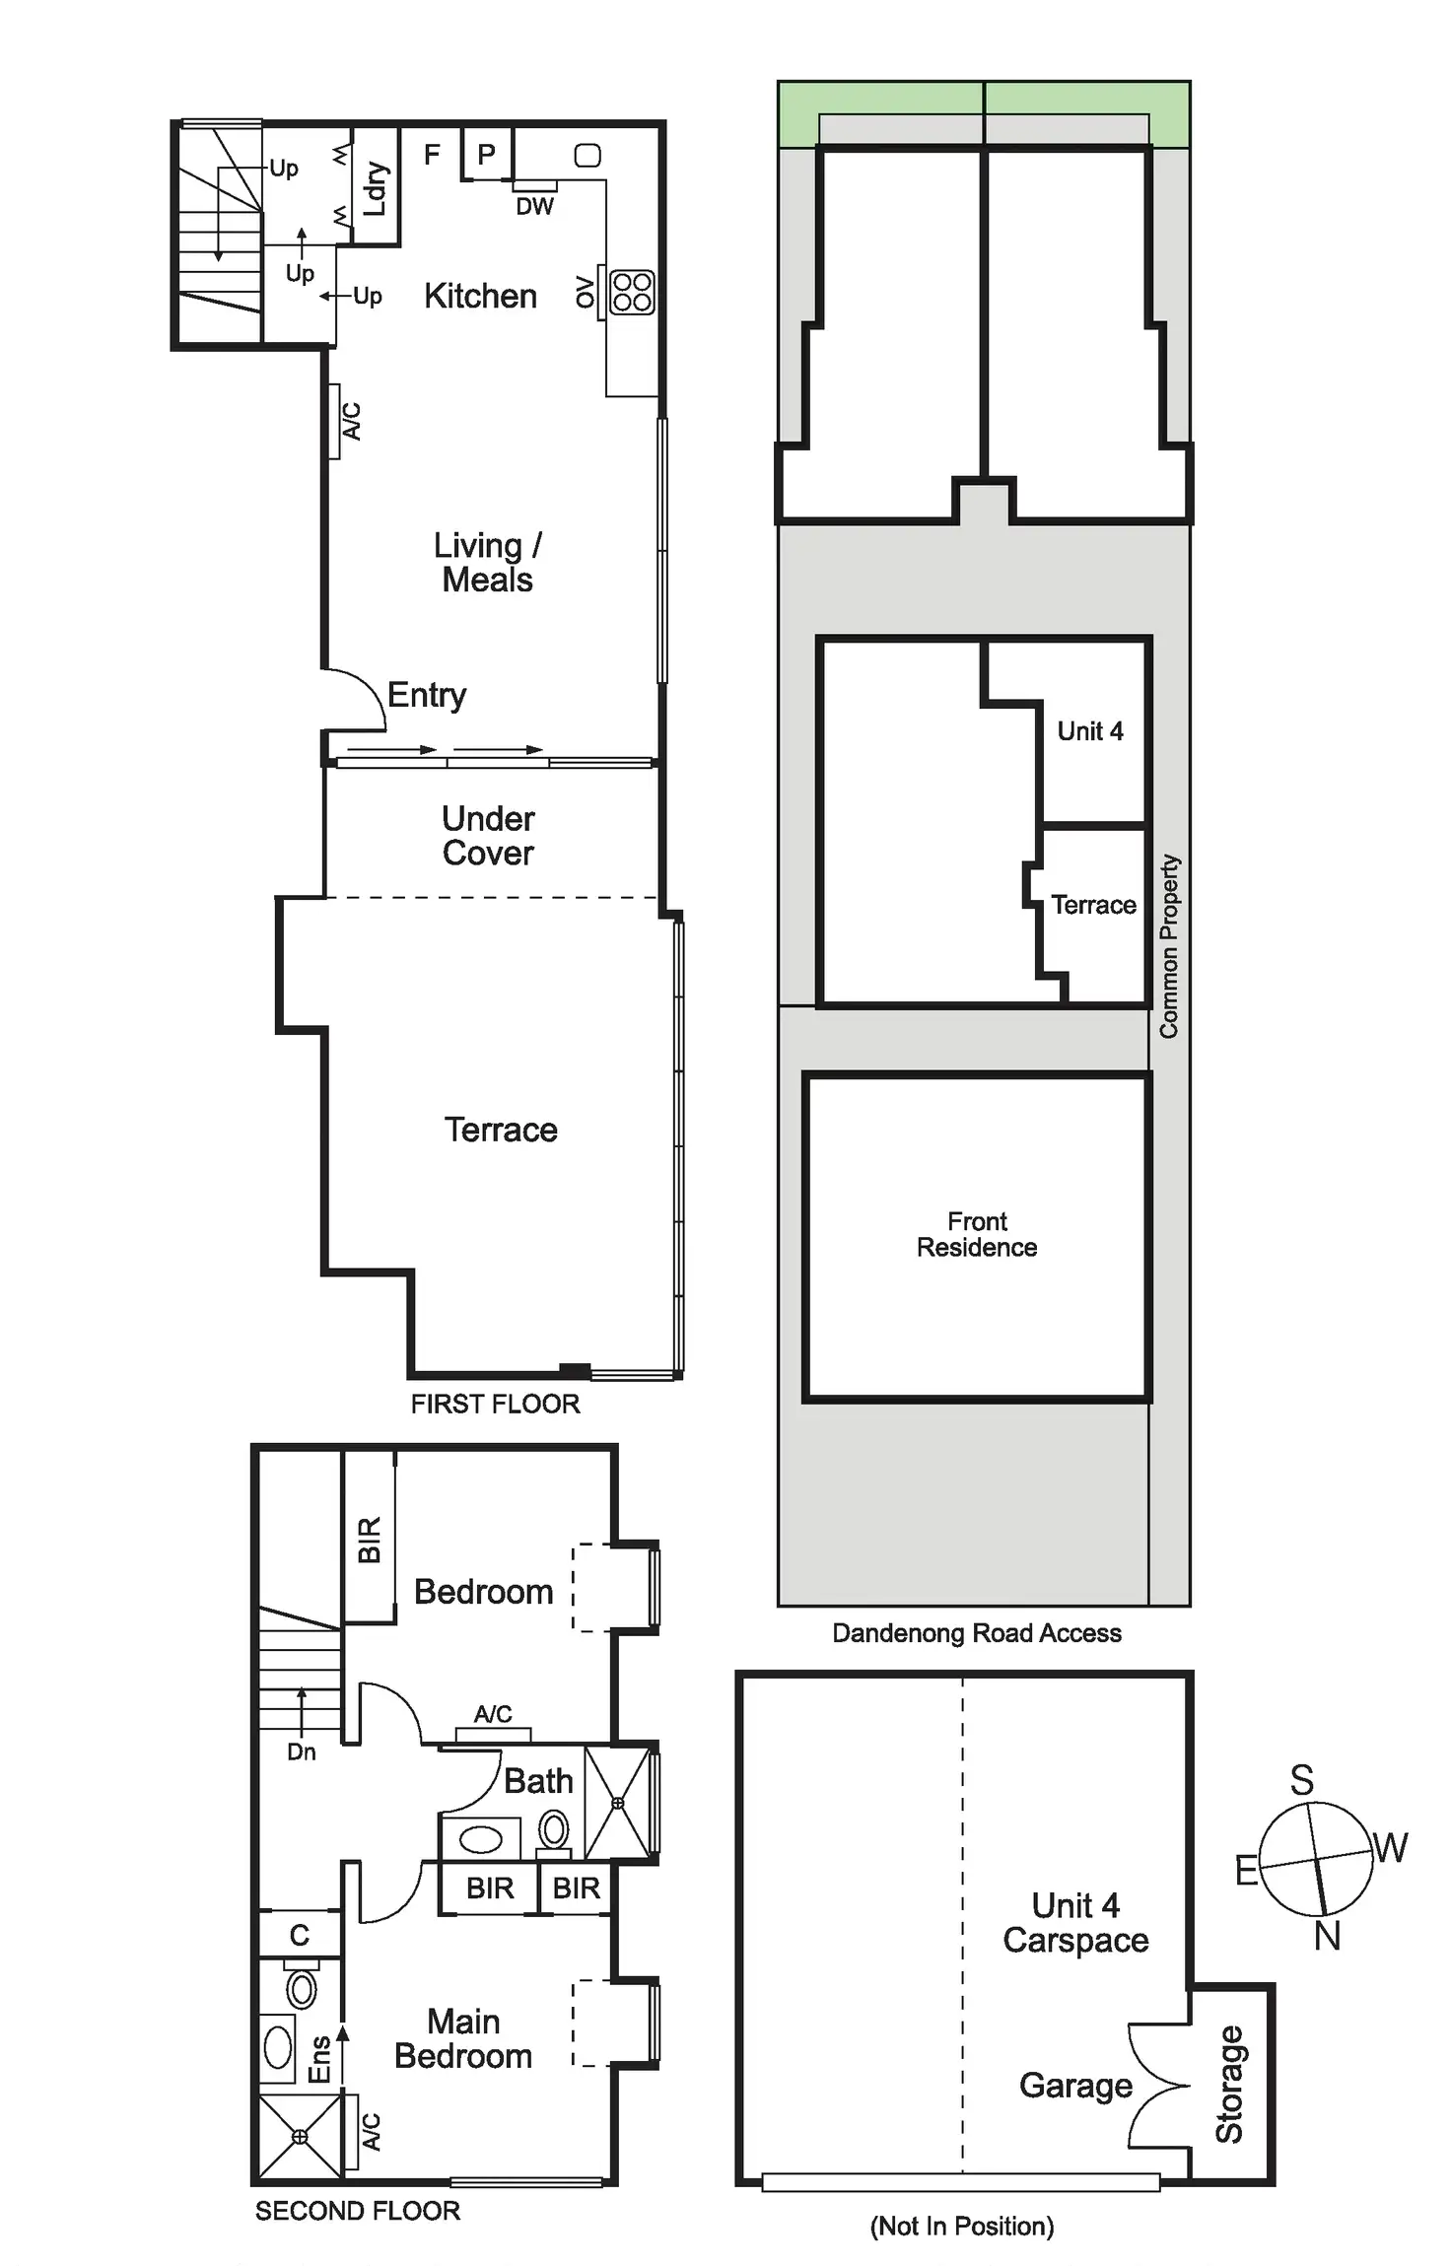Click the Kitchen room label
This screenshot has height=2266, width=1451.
pyautogui.click(x=480, y=296)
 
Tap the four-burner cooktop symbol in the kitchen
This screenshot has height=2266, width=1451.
pyautogui.click(x=632, y=292)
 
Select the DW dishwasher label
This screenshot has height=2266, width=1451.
pyautogui.click(x=534, y=206)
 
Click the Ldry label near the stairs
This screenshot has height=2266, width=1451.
pyautogui.click(x=376, y=188)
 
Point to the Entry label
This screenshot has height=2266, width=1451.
pyautogui.click(x=426, y=695)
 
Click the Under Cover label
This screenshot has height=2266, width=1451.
pyautogui.click(x=488, y=836)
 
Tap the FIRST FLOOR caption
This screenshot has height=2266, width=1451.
pyautogui.click(x=495, y=1404)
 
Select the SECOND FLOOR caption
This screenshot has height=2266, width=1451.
pyautogui.click(x=358, y=2211)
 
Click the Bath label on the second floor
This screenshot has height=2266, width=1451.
pyautogui.click(x=538, y=1781)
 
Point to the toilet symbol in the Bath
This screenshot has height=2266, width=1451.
pyautogui.click(x=554, y=1831)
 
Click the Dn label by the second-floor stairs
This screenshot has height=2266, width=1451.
pyautogui.click(x=302, y=1751)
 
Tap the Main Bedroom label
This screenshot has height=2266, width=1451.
pyautogui.click(x=463, y=2038)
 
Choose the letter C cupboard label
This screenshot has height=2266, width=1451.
pyautogui.click(x=300, y=1935)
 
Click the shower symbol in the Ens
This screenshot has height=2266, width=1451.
pyautogui.click(x=300, y=2136)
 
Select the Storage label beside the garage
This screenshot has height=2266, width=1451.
pyautogui.click(x=1229, y=2084)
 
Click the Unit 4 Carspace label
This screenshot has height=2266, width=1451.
pyautogui.click(x=1075, y=1922)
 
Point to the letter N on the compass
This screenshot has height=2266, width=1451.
pyautogui.click(x=1327, y=1936)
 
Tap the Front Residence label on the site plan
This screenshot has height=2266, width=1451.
pyautogui.click(x=977, y=1234)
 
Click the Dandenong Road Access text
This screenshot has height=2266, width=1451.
pyautogui.click(x=977, y=1633)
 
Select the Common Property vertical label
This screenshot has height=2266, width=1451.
pyautogui.click(x=1169, y=946)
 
